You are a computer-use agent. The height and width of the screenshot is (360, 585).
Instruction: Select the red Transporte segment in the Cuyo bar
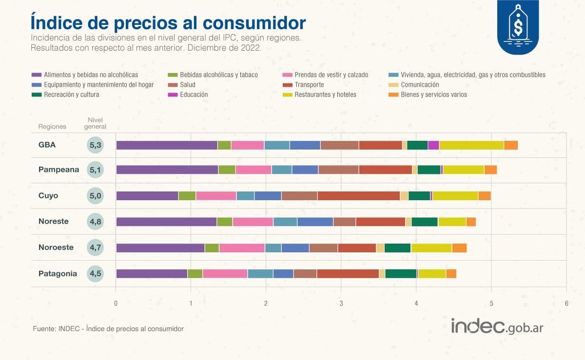[x=358, y=196]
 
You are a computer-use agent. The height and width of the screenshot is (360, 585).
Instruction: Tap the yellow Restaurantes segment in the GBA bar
[x=471, y=145]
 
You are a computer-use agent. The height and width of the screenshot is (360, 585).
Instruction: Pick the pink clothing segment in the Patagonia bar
[x=225, y=273]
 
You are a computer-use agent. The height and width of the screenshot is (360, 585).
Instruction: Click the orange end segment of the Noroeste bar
[x=459, y=247]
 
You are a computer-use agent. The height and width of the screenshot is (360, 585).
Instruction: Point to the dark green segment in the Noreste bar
[x=424, y=222]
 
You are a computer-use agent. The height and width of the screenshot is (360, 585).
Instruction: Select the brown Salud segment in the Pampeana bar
[x=338, y=170]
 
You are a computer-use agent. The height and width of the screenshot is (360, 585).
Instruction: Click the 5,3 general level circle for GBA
[x=95, y=145]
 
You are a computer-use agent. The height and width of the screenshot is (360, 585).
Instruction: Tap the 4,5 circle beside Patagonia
[x=95, y=273]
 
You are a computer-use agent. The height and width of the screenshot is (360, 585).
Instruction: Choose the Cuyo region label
[x=48, y=196]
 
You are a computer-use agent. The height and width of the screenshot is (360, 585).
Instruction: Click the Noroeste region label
[x=56, y=247]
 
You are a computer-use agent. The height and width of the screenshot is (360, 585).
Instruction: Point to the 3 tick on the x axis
[x=341, y=303]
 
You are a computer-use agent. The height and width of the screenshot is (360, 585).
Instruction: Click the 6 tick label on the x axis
[x=566, y=303]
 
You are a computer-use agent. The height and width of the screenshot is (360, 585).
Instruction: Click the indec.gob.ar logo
[x=497, y=327]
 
